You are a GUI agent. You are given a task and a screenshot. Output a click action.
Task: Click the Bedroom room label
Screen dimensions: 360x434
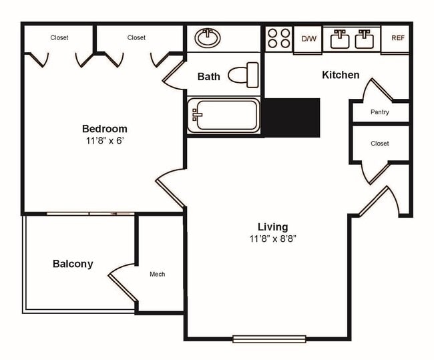click(104, 129)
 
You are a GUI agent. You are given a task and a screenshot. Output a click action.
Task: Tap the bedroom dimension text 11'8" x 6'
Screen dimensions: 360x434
click(104, 141)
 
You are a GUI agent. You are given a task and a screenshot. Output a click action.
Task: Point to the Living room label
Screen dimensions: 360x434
click(272, 226)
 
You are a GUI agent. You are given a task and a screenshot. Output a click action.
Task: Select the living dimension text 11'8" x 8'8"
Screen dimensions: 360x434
click(272, 238)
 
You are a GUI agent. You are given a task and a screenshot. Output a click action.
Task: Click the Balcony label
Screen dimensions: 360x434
click(73, 264)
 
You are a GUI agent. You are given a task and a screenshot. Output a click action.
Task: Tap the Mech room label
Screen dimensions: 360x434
click(157, 274)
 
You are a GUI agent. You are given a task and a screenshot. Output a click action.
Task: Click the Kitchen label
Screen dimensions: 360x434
click(341, 75)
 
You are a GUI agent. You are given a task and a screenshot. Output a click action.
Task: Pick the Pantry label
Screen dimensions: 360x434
click(380, 112)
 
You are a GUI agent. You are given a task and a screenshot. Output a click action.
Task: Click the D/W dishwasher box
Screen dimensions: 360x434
click(308, 39)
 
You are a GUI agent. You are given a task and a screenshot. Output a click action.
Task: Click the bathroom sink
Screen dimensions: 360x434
click(209, 38)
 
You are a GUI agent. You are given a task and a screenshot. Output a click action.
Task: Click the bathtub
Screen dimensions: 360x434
click(224, 115)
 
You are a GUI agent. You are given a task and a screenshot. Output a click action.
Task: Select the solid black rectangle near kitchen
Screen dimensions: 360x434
click(292, 118)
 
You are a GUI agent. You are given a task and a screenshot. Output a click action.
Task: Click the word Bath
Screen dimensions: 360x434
click(208, 77)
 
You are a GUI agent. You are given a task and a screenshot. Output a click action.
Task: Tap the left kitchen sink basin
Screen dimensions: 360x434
click(340, 39)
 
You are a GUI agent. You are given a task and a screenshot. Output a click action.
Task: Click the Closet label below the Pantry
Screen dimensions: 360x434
click(380, 144)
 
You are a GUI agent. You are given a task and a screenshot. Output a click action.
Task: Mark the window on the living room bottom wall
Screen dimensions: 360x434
click(268, 339)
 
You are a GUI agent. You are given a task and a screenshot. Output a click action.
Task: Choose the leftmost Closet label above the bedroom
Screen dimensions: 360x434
click(59, 38)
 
